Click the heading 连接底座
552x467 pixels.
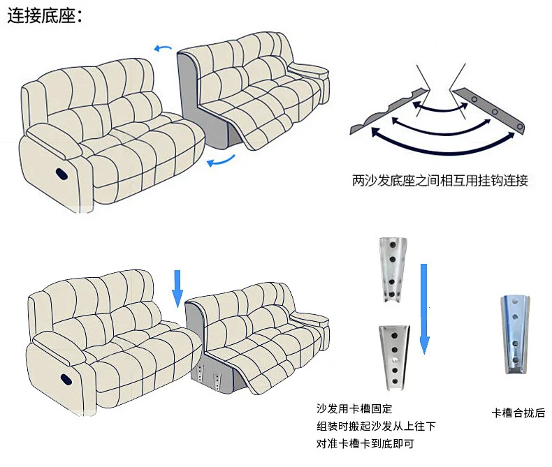click(44, 17)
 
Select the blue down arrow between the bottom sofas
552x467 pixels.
click(177, 288)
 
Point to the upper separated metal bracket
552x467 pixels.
click(392, 267)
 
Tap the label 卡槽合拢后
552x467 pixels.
click(518, 413)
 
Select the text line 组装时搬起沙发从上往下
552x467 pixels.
click(376, 427)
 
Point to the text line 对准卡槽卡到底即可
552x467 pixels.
click(368, 443)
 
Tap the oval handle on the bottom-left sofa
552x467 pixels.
click(67, 379)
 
